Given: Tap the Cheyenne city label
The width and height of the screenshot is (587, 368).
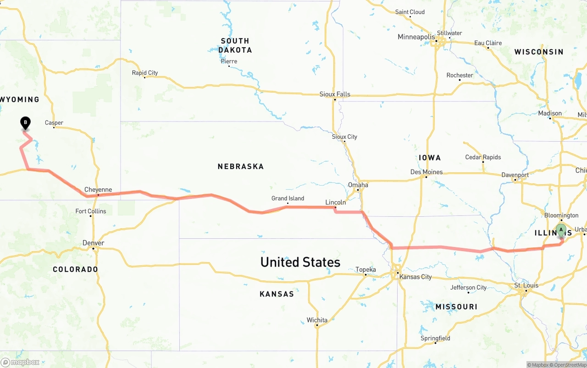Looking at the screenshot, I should click(98, 190).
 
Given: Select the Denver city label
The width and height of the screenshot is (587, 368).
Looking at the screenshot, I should click(93, 243).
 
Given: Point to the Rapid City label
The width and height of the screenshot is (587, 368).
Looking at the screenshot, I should click(145, 73).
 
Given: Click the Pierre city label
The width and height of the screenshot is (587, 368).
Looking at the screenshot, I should click(229, 61).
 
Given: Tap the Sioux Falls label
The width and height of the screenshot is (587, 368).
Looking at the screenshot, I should click(335, 94).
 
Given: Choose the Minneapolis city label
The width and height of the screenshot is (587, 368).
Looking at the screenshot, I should click(416, 37).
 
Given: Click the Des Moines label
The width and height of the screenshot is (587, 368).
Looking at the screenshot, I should click(426, 172).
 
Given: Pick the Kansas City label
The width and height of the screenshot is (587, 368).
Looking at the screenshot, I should click(415, 277).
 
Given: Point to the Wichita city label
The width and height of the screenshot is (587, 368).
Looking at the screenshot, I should click(317, 320).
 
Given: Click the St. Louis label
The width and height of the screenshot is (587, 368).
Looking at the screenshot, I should click(526, 286).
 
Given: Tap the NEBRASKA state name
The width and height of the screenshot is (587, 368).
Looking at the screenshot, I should click(241, 166).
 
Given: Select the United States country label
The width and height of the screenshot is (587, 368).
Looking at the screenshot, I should click(300, 262).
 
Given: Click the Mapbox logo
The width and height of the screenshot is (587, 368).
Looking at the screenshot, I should click(21, 362).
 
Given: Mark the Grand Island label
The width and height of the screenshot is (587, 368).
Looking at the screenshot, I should click(288, 198).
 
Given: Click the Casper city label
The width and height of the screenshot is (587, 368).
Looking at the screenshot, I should click(54, 123).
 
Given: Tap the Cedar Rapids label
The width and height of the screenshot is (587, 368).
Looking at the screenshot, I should click(483, 157).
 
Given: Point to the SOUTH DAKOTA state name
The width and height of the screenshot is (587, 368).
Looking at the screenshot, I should click(235, 45).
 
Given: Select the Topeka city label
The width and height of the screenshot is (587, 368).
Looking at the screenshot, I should click(365, 269).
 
